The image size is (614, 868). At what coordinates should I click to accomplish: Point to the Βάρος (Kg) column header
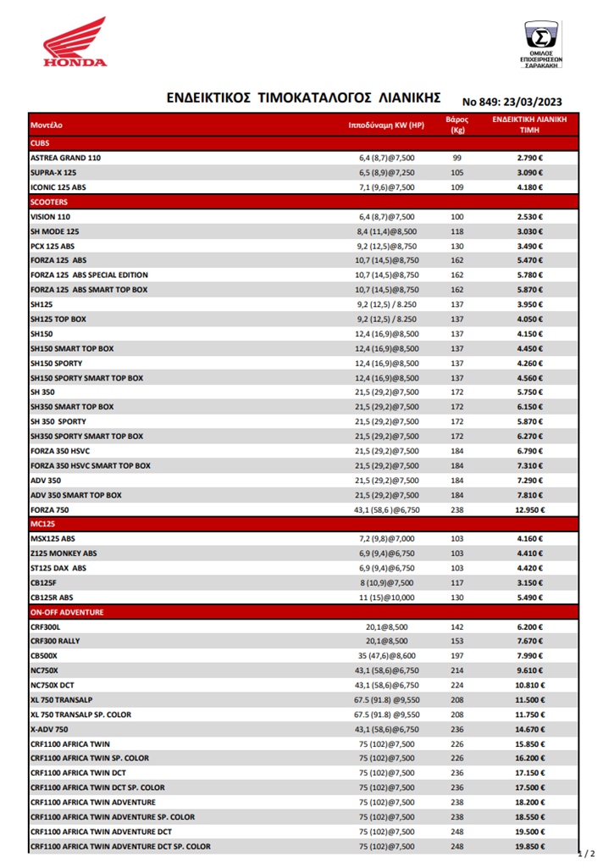[x=457, y=125]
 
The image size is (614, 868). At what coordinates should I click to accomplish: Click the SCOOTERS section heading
[x=49, y=203]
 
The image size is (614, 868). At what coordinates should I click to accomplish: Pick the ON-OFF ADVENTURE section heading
[x=67, y=611]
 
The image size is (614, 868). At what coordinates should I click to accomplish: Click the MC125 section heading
[x=43, y=524]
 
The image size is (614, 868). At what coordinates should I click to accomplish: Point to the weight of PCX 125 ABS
[x=457, y=246]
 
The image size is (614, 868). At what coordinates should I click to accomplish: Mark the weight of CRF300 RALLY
[x=457, y=641]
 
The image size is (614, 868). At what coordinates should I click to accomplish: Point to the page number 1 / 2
[x=586, y=853]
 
